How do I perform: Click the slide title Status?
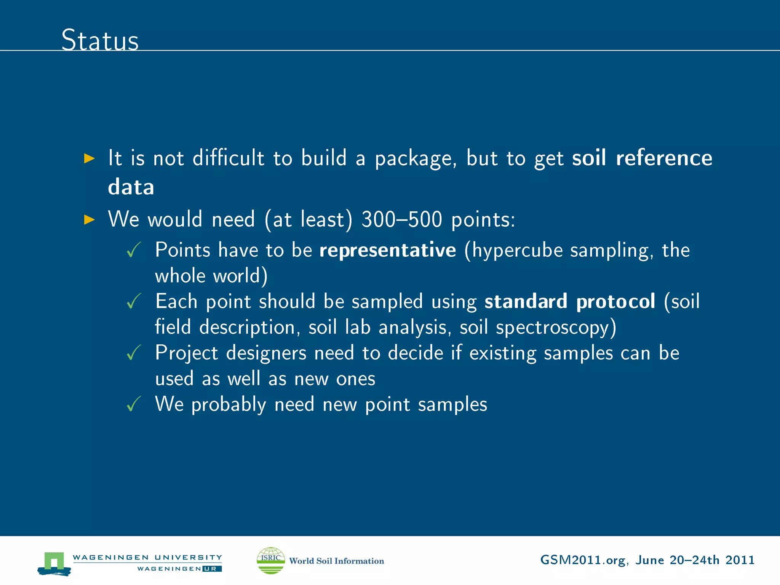point(100,40)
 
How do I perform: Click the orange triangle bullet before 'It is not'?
point(89,158)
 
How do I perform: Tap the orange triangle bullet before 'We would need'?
point(89,219)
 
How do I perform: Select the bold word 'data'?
point(131,187)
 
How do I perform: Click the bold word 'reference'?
point(664,158)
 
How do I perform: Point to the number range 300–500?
point(402,220)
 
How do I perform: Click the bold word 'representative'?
point(387,250)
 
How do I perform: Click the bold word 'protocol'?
point(615,302)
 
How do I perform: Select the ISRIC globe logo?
point(271,560)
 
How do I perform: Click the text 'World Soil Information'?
point(336,561)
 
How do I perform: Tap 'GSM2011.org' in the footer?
point(582,560)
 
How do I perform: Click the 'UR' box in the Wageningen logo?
point(212,569)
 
